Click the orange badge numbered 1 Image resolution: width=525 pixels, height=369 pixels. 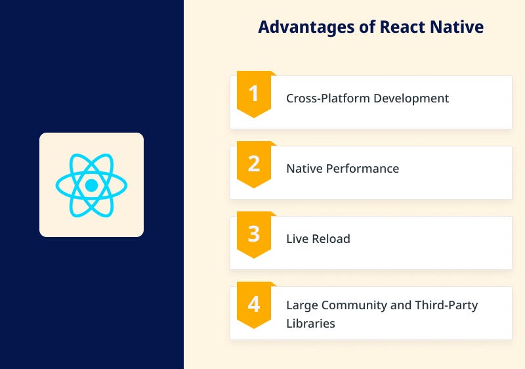(x=253, y=94)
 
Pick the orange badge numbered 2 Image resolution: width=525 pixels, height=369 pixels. (x=253, y=163)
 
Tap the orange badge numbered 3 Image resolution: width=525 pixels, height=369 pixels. (x=253, y=234)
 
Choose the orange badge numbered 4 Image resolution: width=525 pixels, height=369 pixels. (x=253, y=304)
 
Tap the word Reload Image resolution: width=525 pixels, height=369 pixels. (x=331, y=239)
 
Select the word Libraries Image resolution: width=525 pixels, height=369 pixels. (x=310, y=323)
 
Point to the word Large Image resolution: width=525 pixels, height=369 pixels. (x=301, y=305)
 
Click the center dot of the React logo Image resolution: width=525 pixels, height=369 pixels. (x=91, y=185)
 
